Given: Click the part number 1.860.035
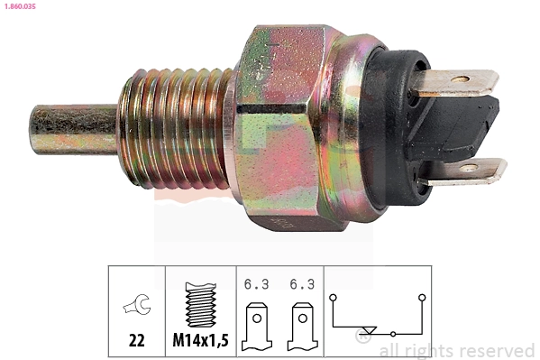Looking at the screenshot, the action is tap(20, 6).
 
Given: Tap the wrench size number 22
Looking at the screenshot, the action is tap(136, 341).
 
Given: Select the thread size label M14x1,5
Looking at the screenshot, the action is tap(200, 341).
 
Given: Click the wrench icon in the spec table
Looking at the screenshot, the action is tap(137, 304).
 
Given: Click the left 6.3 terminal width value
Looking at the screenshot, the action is tap(256, 284).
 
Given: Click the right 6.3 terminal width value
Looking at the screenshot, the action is tap(302, 284).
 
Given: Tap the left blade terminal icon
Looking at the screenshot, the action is tap(257, 327).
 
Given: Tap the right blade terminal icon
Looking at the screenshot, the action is tap(302, 327).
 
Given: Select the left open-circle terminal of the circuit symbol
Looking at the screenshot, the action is tap(333, 297).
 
